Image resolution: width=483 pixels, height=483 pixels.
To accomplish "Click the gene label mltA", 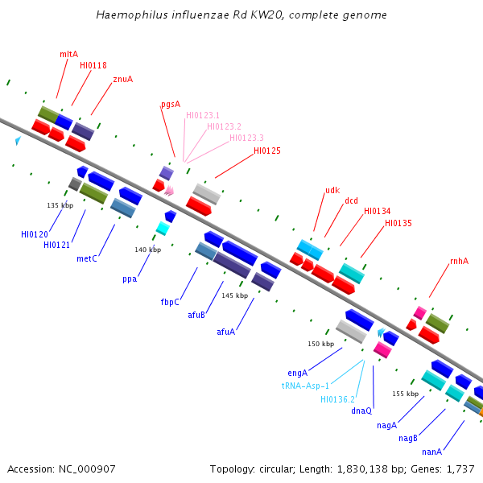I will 69,54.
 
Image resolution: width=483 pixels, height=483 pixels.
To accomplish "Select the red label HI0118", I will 93,65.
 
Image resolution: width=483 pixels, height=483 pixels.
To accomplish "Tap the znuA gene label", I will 123,79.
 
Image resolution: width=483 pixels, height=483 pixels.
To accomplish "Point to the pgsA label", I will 171,104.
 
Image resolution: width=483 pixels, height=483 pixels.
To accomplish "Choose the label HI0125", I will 267,151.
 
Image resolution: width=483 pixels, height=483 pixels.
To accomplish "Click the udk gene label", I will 332,191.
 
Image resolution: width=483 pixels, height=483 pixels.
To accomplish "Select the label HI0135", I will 398,223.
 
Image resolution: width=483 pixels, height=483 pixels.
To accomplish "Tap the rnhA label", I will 459,261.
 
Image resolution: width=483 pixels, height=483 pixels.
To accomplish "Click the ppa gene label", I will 130,279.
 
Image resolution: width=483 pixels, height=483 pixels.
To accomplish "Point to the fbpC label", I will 170,303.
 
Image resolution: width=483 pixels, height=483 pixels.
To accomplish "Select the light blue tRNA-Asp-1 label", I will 306,386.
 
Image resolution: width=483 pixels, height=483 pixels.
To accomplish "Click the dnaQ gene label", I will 361,411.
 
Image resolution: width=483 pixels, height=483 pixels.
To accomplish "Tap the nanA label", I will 432,452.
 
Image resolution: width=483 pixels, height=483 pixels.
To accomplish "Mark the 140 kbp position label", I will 147,250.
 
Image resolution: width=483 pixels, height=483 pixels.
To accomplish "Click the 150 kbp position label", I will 320,344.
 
